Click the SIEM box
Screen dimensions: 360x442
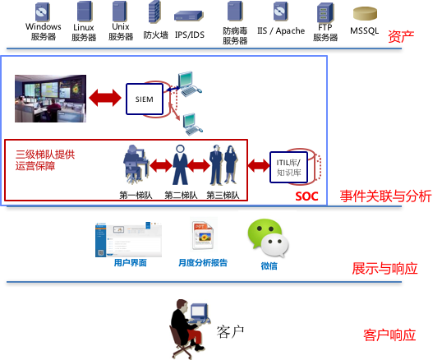tap(144, 99)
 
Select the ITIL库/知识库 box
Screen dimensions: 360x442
tap(288, 167)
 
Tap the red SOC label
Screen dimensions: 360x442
tap(306, 196)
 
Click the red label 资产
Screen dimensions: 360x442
tap(401, 37)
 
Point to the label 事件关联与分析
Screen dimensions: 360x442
tap(385, 196)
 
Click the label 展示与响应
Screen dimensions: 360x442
tap(384, 268)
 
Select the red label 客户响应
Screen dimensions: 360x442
tap(389, 335)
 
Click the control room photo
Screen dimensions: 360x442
tap(50, 99)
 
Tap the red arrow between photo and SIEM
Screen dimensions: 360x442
tap(105, 98)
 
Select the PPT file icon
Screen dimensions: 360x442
tap(203, 234)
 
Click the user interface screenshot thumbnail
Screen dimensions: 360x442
tap(128, 239)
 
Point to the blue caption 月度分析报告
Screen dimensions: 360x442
tap(202, 263)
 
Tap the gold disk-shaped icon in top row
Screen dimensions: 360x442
tap(365, 13)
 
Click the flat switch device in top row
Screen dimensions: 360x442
tap(188, 16)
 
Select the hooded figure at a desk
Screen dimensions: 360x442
tap(136, 164)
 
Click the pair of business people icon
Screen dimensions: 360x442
tap(223, 164)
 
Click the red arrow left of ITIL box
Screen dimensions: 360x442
tap(258, 165)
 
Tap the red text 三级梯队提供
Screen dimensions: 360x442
tap(45, 154)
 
